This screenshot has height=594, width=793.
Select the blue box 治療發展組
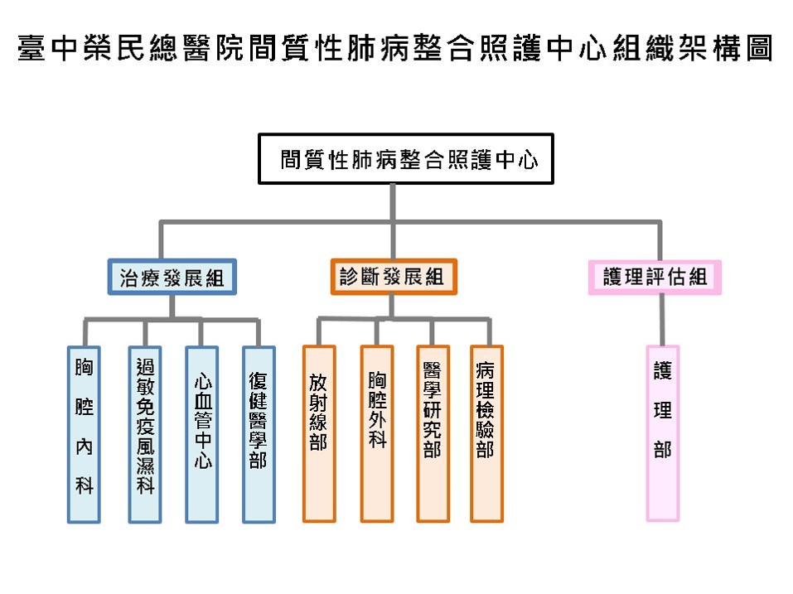[172, 278]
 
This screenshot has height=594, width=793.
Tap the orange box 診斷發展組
[392, 278]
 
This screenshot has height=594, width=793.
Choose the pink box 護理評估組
[655, 278]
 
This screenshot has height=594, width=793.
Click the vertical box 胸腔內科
[84, 433]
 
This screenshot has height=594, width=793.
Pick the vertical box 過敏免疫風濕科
[144, 433]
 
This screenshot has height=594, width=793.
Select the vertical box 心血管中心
[201, 433]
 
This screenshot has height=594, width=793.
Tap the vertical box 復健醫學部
[258, 433]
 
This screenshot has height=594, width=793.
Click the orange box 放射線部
[318, 433]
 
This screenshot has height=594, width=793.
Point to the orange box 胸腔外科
[376, 433]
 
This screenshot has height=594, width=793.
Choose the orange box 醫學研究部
[431, 433]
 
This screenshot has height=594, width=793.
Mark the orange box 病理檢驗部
[486, 433]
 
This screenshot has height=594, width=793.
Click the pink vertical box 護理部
[662, 433]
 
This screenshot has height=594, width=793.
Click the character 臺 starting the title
[30, 51]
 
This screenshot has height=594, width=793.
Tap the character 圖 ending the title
[760, 51]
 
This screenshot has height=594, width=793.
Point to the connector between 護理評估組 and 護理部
[661, 319]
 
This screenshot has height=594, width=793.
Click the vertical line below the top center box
[392, 202]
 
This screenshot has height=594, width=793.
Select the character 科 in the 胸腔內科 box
[84, 486]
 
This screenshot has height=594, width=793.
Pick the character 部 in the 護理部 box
[662, 450]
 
